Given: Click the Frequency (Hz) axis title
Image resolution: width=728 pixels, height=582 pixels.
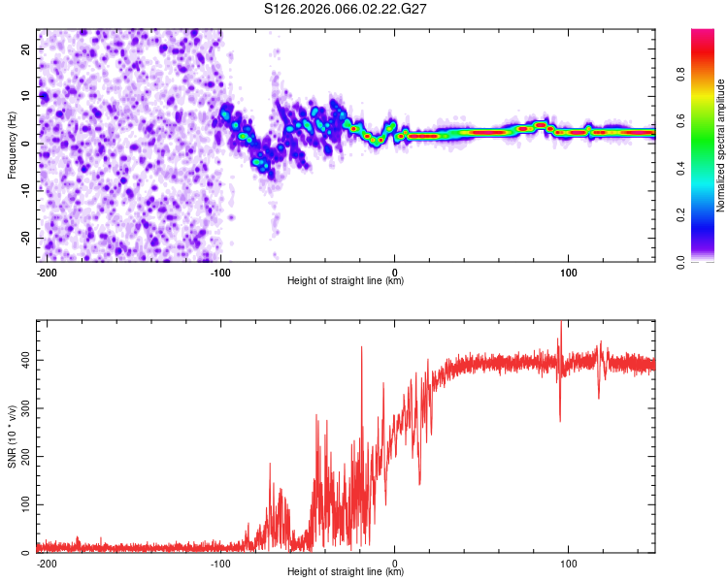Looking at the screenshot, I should click(13, 145).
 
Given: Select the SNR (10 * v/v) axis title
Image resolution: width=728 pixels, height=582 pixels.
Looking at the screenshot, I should click(13, 436).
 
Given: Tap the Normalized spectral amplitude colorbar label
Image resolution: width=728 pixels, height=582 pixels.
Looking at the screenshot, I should click(720, 145).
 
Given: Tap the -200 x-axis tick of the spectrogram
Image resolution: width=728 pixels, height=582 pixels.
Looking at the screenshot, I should click(45, 271).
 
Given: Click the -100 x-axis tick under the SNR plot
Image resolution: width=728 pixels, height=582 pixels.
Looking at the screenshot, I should click(220, 562).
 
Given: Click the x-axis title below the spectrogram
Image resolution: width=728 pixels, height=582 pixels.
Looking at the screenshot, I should click(346, 281).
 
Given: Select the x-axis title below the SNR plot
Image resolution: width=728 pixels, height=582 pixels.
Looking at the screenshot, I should click(346, 572).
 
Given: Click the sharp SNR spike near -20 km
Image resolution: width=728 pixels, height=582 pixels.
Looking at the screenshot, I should click(361, 348).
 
